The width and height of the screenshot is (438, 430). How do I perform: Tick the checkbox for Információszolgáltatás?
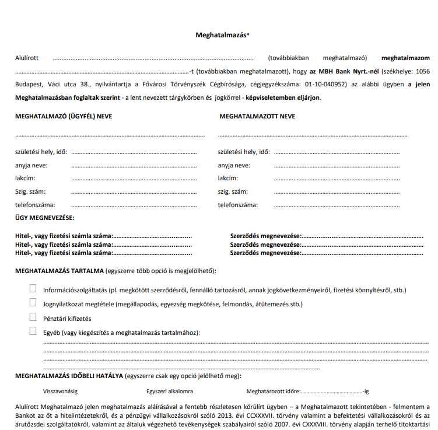33,289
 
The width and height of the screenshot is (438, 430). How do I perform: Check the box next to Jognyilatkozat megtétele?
33,303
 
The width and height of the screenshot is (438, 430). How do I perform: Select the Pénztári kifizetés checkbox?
33,317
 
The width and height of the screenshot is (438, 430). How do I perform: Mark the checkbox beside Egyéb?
33,331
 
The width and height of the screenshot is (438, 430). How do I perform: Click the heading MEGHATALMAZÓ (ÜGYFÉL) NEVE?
64,116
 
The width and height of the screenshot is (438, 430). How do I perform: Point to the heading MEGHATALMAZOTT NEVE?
257,116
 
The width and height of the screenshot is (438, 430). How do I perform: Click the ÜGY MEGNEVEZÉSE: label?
44,218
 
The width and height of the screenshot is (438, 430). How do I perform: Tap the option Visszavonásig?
61,391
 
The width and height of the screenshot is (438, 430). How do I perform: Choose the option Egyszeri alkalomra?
170,391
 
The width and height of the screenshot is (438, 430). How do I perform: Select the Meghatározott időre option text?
272,391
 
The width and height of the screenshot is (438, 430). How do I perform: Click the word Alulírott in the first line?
27,58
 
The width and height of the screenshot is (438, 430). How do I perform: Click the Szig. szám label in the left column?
30,191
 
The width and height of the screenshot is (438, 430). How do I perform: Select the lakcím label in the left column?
26,178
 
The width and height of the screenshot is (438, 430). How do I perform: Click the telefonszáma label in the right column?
238,205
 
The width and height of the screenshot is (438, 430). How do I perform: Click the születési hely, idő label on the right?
244,152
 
